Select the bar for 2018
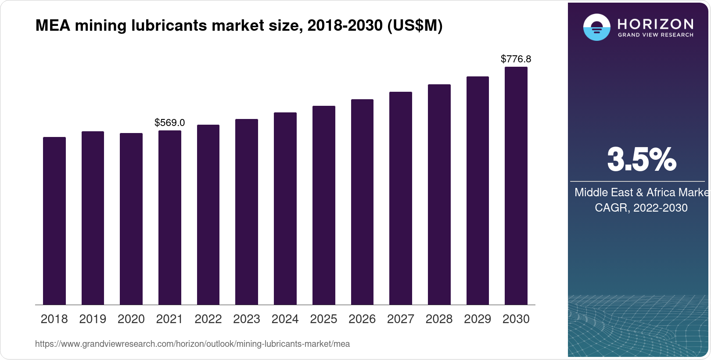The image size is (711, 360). (x=54, y=221)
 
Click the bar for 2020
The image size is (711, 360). (x=131, y=219)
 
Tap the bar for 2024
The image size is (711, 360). (x=285, y=209)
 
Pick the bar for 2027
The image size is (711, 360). (x=401, y=198)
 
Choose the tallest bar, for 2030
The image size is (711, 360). (x=516, y=186)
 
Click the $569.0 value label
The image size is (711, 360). (x=169, y=123)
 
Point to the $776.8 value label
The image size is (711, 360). (x=516, y=59)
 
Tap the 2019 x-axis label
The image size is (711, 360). (x=93, y=319)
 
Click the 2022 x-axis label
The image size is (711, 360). (x=208, y=319)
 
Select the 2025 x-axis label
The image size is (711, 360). (x=323, y=319)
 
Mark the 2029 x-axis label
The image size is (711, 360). (x=478, y=319)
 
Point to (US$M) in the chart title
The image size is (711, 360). (x=414, y=26)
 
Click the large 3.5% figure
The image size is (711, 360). (x=641, y=159)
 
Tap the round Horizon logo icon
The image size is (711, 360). (x=596, y=27)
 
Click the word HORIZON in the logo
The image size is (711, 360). (x=656, y=24)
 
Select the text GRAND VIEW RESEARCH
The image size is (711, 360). (x=656, y=35)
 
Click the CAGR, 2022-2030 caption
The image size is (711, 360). (x=641, y=208)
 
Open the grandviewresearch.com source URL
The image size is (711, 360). (x=192, y=344)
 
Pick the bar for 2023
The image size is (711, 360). (x=247, y=212)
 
